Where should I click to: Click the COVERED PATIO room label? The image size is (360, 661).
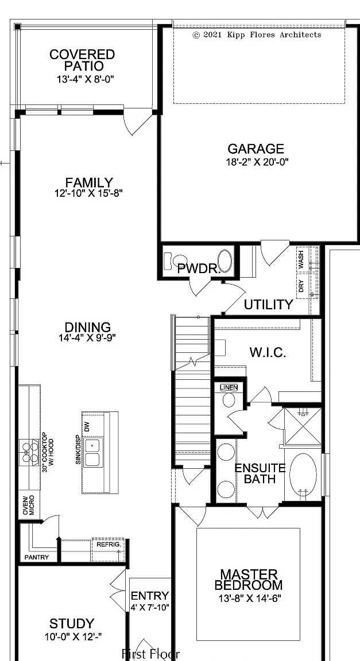click(82, 60)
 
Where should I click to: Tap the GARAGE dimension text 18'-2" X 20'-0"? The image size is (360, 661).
click(257, 162)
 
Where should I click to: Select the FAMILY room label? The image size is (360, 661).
click(89, 182)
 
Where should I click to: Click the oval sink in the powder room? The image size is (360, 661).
click(225, 261)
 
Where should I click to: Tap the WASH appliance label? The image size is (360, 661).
click(301, 260)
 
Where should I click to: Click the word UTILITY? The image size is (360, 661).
click(268, 304)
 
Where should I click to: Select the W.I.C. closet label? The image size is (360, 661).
click(268, 352)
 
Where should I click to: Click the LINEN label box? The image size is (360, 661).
click(229, 387)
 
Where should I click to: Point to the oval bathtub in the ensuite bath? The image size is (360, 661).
click(303, 475)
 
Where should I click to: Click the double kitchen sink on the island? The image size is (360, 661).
click(92, 452)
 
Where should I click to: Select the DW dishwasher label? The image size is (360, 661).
click(87, 426)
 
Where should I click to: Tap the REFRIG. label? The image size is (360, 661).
click(109, 545)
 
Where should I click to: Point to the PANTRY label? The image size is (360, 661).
click(37, 557)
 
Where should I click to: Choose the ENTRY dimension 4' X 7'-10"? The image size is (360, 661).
click(150, 608)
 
